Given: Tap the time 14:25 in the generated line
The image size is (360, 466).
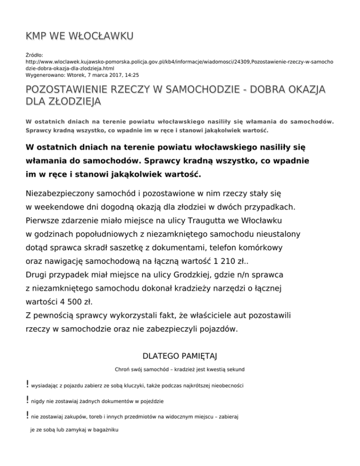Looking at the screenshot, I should pos(131,75).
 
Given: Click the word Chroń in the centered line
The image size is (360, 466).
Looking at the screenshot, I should pos(122,370).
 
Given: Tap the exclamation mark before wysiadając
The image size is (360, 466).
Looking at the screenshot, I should pos(28,385).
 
